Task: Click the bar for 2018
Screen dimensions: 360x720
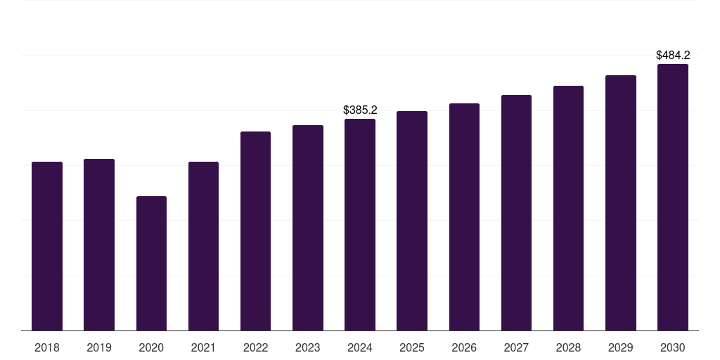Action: point(47,246)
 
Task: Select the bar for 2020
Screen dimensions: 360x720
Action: point(151,264)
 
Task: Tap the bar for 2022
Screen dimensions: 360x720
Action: point(255,231)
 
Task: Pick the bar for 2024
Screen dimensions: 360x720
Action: point(360,225)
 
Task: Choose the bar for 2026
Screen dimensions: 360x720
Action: point(464,217)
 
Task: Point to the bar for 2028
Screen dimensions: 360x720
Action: point(568,208)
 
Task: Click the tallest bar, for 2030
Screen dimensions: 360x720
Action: point(673,197)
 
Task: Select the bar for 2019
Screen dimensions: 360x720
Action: point(99,245)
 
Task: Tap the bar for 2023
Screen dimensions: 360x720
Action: point(308,228)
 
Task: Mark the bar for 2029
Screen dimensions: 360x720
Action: point(621,202)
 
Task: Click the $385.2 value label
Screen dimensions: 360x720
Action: point(360,110)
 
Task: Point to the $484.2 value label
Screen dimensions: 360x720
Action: point(673,55)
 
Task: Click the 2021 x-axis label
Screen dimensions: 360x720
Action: point(203,347)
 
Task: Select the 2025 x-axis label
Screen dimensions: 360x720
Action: point(412,347)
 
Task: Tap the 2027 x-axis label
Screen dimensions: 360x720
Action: point(516,347)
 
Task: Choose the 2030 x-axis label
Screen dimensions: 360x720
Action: point(673,347)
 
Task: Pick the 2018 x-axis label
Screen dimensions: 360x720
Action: point(47,347)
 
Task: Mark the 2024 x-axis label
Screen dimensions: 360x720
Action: point(360,347)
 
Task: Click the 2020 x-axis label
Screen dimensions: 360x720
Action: point(151,347)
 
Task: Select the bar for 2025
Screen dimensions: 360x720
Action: point(412,221)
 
